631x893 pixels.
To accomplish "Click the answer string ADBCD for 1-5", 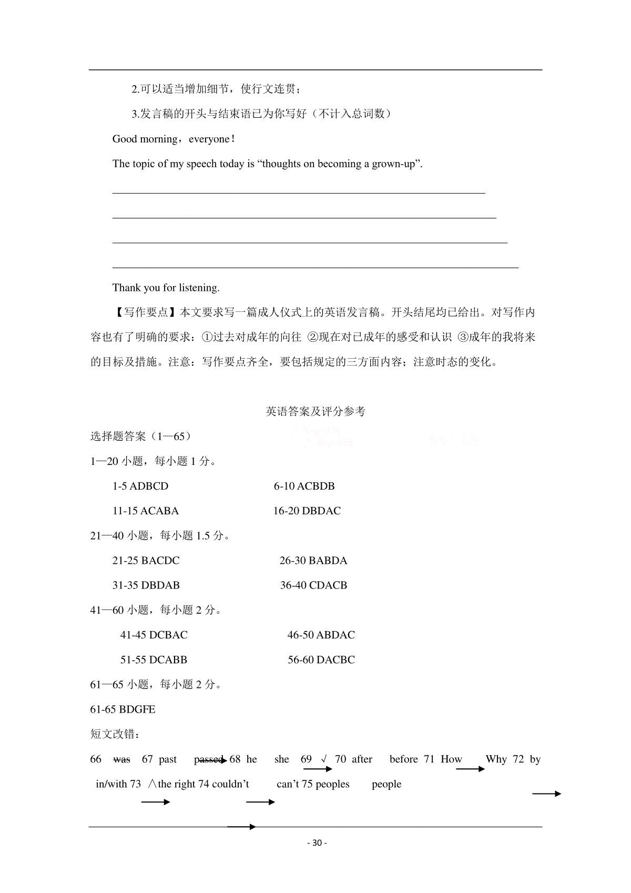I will tap(149, 486).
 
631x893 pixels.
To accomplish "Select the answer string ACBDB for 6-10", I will tap(315, 486).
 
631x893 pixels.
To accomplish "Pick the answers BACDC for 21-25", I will tap(160, 561).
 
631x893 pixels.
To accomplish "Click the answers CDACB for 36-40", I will tap(328, 585).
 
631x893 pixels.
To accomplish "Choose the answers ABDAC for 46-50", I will tap(335, 635).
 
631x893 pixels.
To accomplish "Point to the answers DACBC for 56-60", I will tap(335, 659).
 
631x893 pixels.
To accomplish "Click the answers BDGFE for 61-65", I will tap(137, 709).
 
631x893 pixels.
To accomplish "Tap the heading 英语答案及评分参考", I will tap(315, 411).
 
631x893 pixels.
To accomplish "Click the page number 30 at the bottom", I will tap(316, 843).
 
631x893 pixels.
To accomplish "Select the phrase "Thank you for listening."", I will tap(166, 288).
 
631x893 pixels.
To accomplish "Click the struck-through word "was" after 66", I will tap(121, 759).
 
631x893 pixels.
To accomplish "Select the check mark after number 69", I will tap(323, 759).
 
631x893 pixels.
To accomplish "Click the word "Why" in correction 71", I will tap(496, 759).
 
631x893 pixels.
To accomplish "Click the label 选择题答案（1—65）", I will tap(140, 437).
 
